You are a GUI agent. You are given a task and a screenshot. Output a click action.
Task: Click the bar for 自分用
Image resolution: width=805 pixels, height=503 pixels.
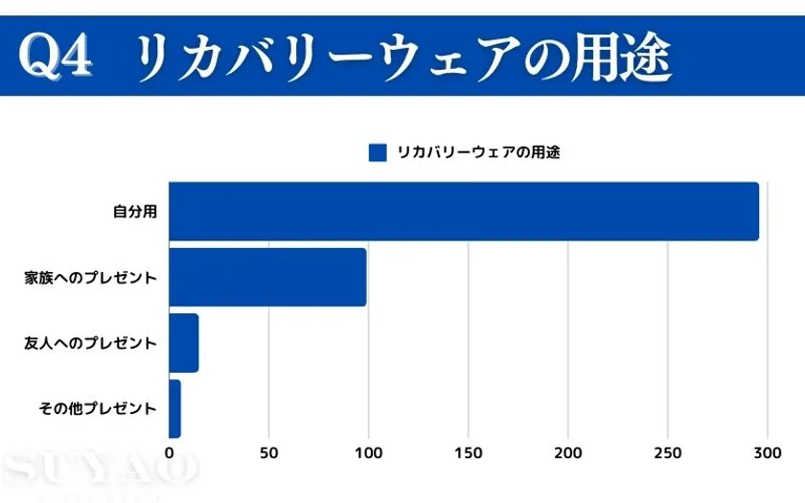pos(464,212)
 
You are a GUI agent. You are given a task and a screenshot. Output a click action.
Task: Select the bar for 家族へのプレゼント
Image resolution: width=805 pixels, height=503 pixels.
pos(267,277)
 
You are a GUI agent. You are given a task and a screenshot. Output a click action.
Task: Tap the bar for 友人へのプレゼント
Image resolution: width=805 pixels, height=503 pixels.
pos(183,343)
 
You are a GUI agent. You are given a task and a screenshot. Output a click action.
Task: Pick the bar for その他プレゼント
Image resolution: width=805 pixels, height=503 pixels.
pos(174,408)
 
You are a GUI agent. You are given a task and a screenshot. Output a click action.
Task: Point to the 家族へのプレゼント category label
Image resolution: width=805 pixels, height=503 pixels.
pos(91,278)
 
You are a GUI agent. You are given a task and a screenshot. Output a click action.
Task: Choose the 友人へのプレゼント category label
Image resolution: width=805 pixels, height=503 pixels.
pos(91,343)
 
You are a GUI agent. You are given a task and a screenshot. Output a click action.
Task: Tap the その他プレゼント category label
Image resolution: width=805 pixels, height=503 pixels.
pos(98,408)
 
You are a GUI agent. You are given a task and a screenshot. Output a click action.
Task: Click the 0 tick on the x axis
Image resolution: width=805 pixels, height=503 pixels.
pos(170,452)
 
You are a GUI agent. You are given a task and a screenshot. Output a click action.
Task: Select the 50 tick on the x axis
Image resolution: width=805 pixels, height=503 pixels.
pos(269,452)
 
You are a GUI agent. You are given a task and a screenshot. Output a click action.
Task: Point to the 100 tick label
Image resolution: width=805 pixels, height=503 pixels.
pos(369,452)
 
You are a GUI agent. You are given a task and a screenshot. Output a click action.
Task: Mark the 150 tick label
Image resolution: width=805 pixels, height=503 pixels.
pos(469,452)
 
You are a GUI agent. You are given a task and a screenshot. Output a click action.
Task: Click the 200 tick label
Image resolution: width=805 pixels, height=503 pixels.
pos(568,452)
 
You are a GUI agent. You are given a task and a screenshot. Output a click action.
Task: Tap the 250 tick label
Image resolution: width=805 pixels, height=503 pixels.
pos(668,452)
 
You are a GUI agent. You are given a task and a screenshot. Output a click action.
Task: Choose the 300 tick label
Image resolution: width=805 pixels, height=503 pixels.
pos(767,452)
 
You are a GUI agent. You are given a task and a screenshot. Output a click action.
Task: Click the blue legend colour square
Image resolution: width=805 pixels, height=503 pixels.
pos(378,152)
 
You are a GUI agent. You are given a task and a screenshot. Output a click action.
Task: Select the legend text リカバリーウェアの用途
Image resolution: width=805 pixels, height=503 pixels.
pos(477,152)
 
